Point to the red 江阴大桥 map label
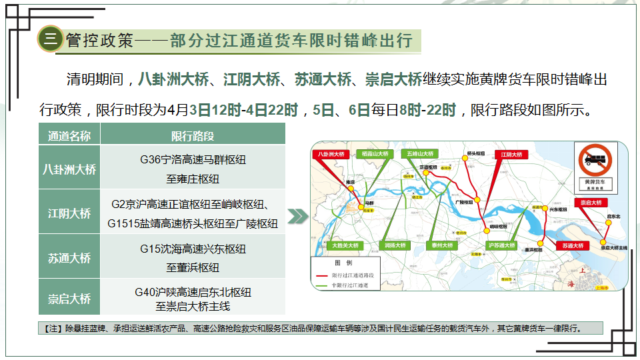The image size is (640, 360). pyautogui.click(x=513, y=154)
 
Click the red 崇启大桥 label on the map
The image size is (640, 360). pyautogui.click(x=590, y=202)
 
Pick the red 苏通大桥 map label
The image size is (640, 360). pyautogui.click(x=573, y=245)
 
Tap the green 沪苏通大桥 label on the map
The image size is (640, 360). pyautogui.click(x=501, y=245)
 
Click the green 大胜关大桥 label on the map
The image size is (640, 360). pyautogui.click(x=346, y=245)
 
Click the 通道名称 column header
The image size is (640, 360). pyautogui.click(x=69, y=135)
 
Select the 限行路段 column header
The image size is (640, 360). pyautogui.click(x=193, y=135)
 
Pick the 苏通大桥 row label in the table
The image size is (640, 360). pyautogui.click(x=69, y=257)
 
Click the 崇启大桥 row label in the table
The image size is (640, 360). pyautogui.click(x=69, y=299)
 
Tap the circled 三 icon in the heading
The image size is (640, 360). pyautogui.click(x=50, y=39)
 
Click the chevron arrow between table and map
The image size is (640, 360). pyautogui.click(x=298, y=216)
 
